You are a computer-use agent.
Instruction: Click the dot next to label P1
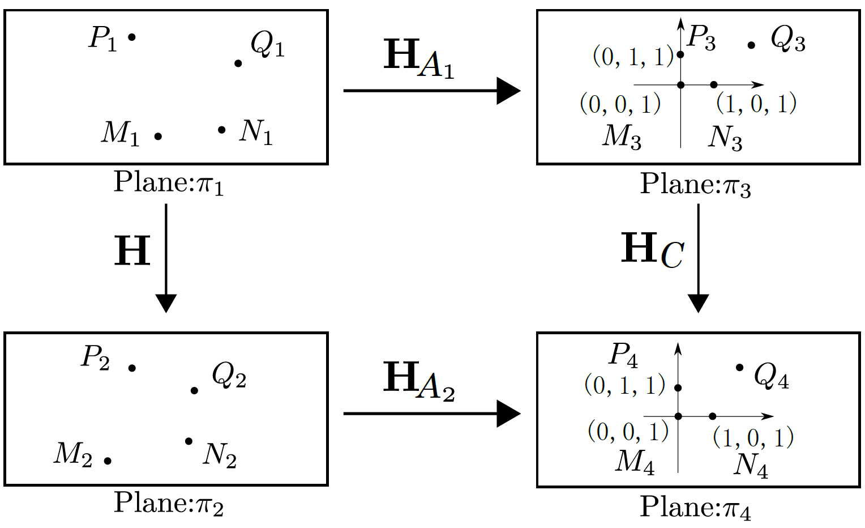click(x=132, y=37)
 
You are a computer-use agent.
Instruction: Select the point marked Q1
click(x=238, y=63)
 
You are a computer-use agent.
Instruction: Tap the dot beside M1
click(x=158, y=136)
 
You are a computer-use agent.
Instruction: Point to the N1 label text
click(x=256, y=131)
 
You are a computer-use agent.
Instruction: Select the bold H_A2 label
click(x=418, y=381)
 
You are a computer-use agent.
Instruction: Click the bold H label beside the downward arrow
click(x=132, y=251)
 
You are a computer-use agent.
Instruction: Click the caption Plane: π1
click(x=168, y=182)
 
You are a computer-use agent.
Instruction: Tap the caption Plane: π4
click(x=695, y=507)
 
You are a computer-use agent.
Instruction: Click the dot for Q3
click(x=751, y=45)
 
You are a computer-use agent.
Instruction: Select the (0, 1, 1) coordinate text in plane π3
click(x=633, y=57)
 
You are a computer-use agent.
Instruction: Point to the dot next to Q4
click(x=739, y=368)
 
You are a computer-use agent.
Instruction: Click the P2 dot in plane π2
click(x=132, y=368)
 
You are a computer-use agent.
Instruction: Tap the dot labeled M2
click(x=108, y=461)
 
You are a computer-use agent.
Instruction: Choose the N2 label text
click(x=220, y=454)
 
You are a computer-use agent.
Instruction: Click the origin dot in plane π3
click(x=681, y=85)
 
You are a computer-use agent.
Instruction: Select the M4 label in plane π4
click(x=635, y=461)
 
